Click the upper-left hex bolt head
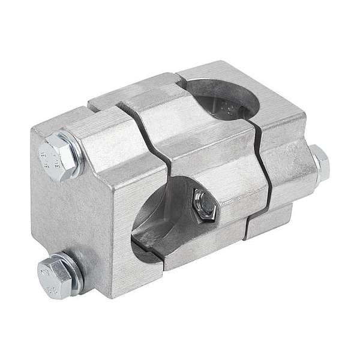[58, 152]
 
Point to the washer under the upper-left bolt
[76, 157]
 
